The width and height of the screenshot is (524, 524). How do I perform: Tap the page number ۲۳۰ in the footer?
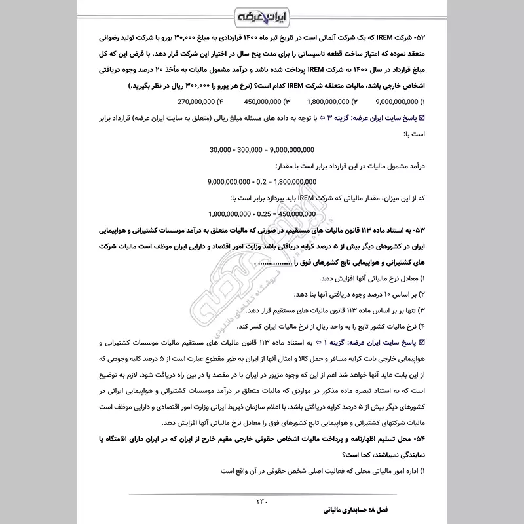pyautogui.click(x=262, y=502)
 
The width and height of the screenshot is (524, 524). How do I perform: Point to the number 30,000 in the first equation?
pyautogui.click(x=221, y=149)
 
